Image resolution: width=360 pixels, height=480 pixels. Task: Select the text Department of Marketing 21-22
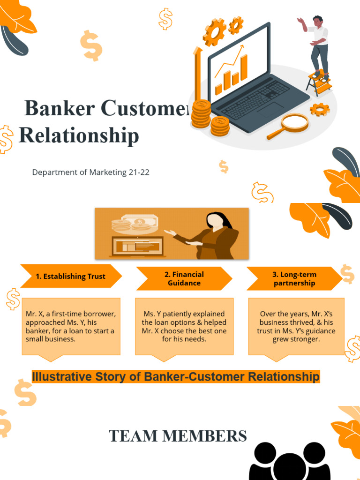coord(90,172)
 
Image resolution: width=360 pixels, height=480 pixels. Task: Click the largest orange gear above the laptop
coord(215,32)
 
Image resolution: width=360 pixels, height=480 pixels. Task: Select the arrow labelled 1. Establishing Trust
coord(71,277)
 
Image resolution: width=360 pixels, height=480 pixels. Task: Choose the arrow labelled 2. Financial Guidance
coord(184,279)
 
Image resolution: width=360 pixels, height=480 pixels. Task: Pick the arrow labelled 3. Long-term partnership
coord(294,279)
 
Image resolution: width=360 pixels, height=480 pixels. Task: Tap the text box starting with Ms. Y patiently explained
coord(184,326)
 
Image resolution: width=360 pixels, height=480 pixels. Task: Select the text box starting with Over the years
coord(296,326)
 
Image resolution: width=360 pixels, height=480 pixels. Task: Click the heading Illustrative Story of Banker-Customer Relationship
coord(176,376)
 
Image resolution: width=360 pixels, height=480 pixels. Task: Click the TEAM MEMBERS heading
coord(178,436)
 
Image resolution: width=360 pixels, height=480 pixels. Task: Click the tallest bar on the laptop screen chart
coord(244,68)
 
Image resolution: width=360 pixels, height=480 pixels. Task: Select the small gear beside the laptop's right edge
coord(320,109)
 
